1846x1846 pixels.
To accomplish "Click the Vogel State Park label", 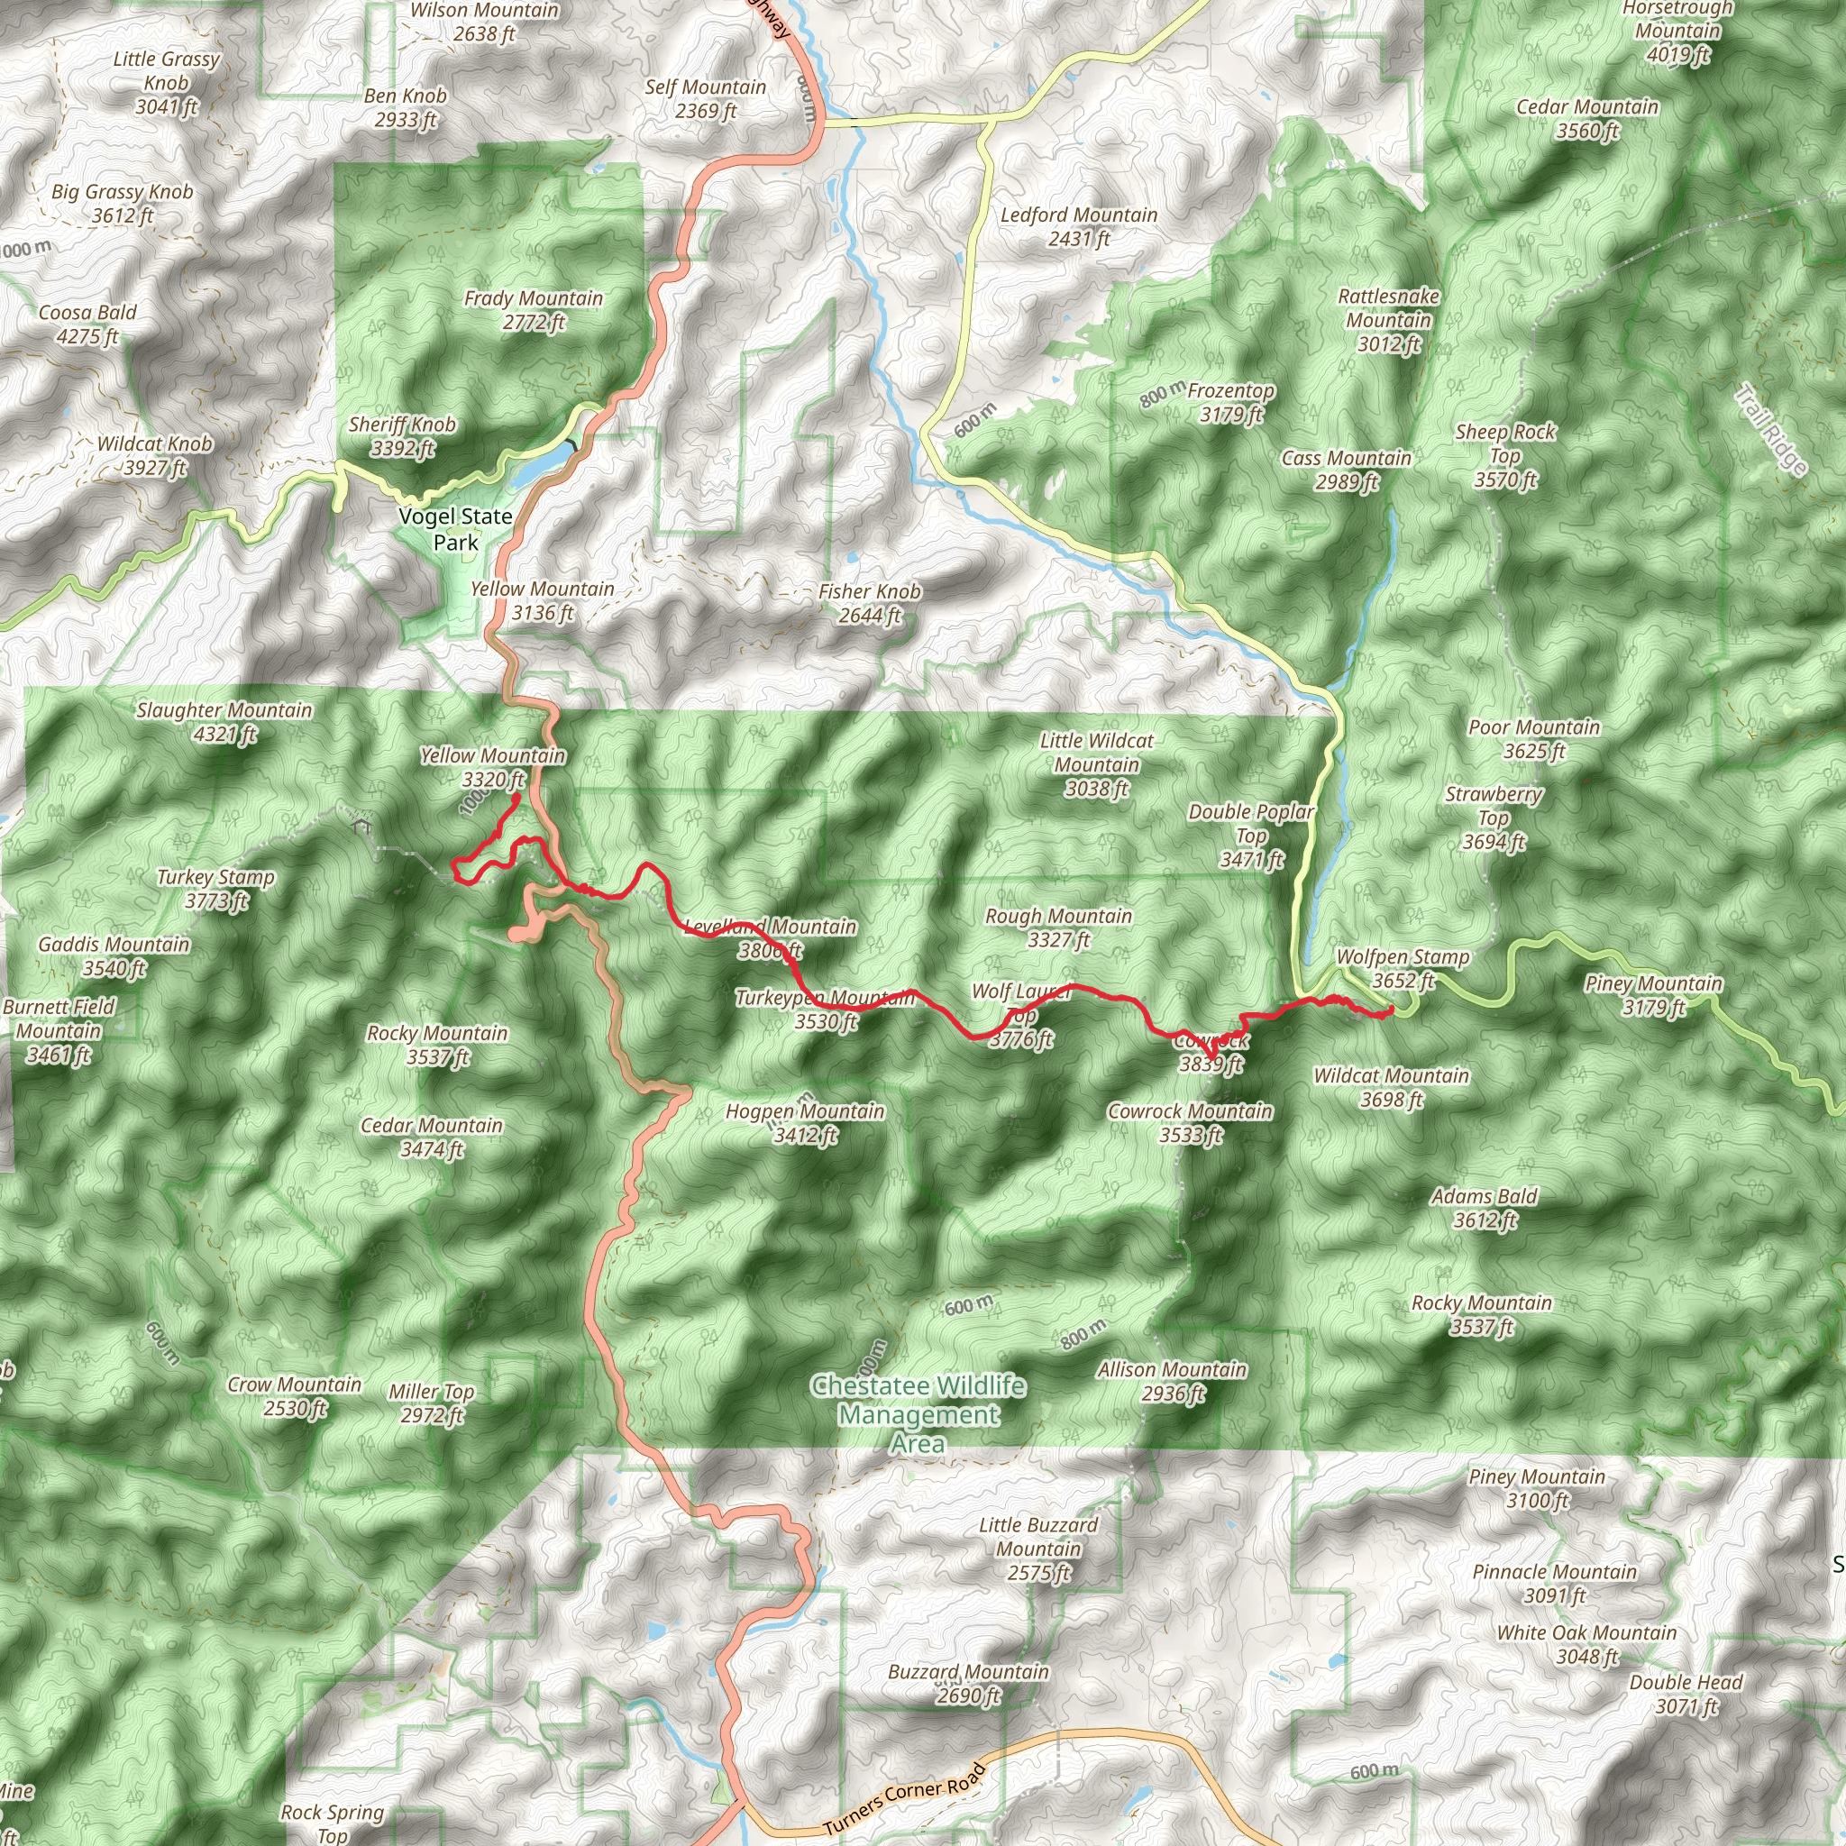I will pyautogui.click(x=455, y=529).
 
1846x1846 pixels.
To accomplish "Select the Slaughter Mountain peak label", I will pyautogui.click(x=224, y=722).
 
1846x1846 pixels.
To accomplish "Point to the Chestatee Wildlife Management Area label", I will pyautogui.click(x=918, y=1414).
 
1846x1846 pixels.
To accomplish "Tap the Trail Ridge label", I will pyautogui.click(x=1770, y=430).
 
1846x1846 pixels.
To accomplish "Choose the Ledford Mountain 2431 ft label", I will pyautogui.click(x=1079, y=226).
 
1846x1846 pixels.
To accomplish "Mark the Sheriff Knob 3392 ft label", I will pyautogui.click(x=402, y=435).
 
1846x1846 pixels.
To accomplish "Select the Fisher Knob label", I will pyautogui.click(x=870, y=603).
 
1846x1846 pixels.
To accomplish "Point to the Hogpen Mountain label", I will pyautogui.click(x=805, y=1123).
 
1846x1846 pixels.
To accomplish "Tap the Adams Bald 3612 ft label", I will pyautogui.click(x=1484, y=1208).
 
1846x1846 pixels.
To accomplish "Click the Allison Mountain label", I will pyautogui.click(x=1173, y=1382).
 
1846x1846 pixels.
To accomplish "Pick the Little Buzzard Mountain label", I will pyautogui.click(x=1038, y=1549).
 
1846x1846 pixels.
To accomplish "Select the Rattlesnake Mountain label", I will pyautogui.click(x=1388, y=320).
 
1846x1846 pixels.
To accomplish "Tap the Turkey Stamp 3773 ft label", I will pyautogui.click(x=216, y=889).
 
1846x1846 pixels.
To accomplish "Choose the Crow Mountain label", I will pyautogui.click(x=294, y=1396).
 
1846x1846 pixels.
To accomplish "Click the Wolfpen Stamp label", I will pyautogui.click(x=1403, y=968).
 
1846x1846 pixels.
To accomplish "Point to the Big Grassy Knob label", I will pyautogui.click(x=123, y=204).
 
